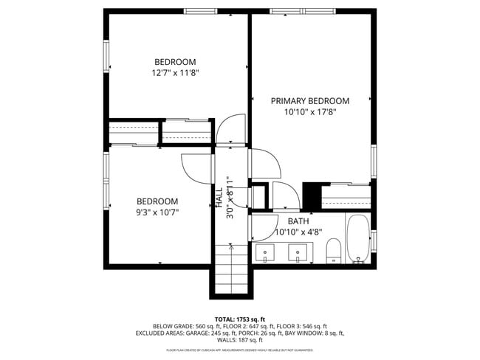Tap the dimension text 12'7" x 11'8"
[x=175, y=73]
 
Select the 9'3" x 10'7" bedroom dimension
[x=157, y=212]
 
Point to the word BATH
[x=298, y=221]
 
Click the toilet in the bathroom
[x=333, y=251]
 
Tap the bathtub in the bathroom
[x=358, y=239]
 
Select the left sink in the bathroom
[x=266, y=253]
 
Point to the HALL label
[x=219, y=197]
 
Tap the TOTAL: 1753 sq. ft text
[x=240, y=319]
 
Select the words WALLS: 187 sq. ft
[x=240, y=340]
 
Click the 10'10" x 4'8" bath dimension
[x=298, y=232]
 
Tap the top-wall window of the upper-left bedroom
[x=205, y=11]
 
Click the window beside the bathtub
[x=374, y=240]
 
